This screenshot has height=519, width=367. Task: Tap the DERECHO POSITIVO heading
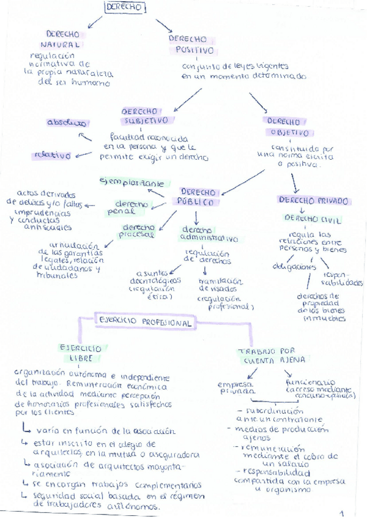[191, 44]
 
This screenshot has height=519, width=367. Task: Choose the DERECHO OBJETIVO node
[289, 127]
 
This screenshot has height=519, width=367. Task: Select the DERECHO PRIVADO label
[313, 200]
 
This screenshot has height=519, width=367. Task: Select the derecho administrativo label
[208, 234]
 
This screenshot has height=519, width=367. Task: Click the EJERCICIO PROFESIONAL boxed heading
[145, 321]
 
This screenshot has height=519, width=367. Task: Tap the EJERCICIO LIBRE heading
[80, 353]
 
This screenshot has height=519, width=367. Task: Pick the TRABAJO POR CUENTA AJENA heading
[271, 356]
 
